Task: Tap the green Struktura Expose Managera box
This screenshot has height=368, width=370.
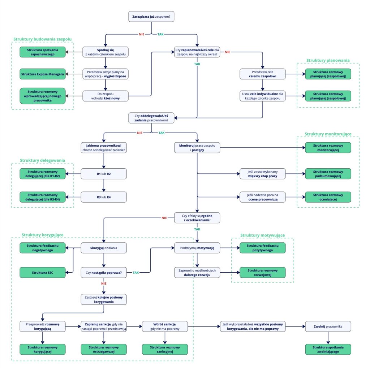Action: (x=42, y=74)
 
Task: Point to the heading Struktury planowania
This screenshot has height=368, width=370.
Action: (x=328, y=60)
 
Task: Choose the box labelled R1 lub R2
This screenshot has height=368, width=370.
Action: (x=104, y=174)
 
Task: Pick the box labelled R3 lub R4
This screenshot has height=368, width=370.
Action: (x=104, y=197)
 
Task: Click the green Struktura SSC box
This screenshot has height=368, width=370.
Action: (x=42, y=272)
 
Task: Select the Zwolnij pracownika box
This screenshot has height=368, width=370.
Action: (x=328, y=326)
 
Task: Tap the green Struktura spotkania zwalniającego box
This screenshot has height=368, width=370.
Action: (x=328, y=349)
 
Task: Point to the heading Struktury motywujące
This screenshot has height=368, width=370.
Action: (x=263, y=235)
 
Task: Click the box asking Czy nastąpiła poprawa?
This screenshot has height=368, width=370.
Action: (x=104, y=272)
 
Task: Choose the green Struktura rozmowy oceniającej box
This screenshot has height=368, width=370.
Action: (x=328, y=197)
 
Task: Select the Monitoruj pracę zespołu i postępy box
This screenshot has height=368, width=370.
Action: (x=197, y=147)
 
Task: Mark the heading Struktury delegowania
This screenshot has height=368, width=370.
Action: (x=43, y=160)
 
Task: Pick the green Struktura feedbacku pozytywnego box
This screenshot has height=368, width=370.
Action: (x=263, y=248)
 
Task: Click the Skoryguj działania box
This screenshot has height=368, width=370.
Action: (x=104, y=248)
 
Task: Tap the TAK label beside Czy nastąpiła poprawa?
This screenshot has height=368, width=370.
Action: (x=136, y=272)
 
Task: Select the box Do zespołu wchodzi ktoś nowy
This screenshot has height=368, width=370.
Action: (x=105, y=96)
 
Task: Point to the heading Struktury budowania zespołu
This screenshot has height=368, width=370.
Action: (x=43, y=39)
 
